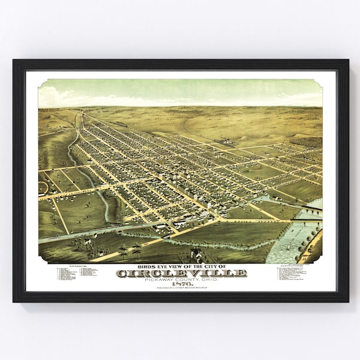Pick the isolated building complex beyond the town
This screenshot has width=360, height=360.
click(x=223, y=142)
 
